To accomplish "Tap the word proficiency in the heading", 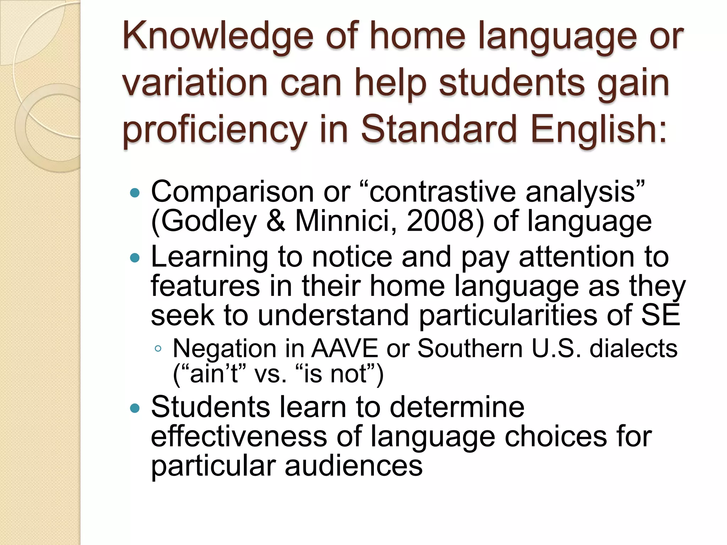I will click(214, 131).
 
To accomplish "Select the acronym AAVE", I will click(344, 348).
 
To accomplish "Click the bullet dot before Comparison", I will click(135, 193).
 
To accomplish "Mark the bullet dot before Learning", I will click(135, 258).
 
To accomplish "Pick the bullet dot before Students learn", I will click(135, 408).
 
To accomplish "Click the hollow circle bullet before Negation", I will click(158, 349).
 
